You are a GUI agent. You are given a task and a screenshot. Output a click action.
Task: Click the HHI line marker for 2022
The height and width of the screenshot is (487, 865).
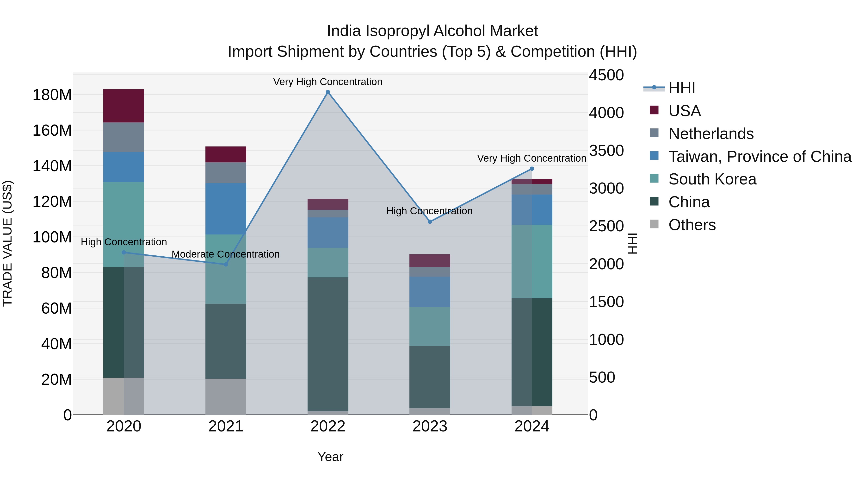[x=328, y=92]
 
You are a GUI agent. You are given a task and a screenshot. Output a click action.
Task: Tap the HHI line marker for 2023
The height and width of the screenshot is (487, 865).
[x=430, y=222]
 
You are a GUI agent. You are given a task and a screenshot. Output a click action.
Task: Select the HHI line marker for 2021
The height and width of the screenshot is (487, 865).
[x=226, y=265]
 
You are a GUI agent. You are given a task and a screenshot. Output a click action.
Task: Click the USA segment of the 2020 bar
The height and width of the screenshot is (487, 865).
[x=124, y=106]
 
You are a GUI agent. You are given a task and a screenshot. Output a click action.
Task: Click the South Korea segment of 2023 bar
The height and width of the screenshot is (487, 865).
[x=430, y=326]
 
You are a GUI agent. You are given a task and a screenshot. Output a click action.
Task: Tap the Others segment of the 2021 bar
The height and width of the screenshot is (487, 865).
[x=226, y=397]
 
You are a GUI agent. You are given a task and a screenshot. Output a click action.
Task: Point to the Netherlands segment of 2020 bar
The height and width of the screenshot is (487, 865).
[x=124, y=137]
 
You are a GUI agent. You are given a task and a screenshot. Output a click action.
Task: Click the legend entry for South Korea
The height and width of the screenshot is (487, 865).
[x=712, y=179]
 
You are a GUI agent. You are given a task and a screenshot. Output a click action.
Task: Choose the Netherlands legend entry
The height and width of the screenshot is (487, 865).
[x=711, y=134]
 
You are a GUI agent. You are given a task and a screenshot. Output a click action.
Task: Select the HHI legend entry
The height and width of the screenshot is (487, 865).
[x=681, y=88]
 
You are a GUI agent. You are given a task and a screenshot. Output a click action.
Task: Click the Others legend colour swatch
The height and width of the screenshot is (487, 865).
[x=654, y=224]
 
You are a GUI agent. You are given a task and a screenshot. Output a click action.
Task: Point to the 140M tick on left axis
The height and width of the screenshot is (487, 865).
[x=52, y=166]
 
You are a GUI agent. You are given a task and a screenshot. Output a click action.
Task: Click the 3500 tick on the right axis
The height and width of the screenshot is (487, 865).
[x=606, y=151]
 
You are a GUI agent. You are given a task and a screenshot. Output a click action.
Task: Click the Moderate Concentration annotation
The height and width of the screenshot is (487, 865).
[x=226, y=254]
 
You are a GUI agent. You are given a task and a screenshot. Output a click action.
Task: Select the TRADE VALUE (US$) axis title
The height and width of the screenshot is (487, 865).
[x=7, y=243]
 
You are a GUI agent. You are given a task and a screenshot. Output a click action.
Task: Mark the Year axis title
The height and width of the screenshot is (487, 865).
[x=330, y=457]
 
